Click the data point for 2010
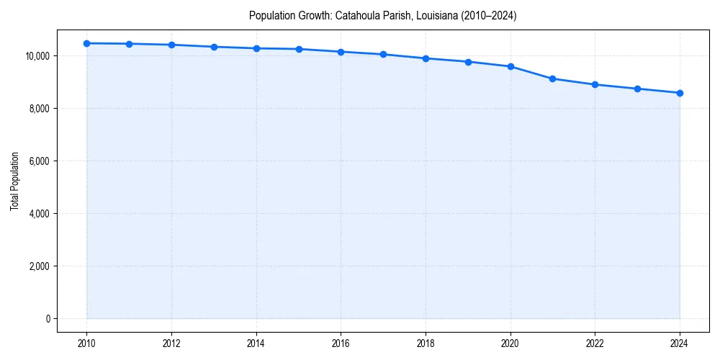pos(86,43)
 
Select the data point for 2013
pos(214,47)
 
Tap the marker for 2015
pos(299,49)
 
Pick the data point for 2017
pos(383,54)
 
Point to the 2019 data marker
pos(468,62)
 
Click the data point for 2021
pos(552,78)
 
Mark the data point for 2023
pos(637,89)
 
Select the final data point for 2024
pos(680,93)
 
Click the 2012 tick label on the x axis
pos(171,343)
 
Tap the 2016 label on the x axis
pos(341,343)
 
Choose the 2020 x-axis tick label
pos(510,343)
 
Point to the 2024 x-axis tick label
pos(680,343)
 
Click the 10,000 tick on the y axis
pos(36,56)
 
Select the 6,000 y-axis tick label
pos(38,161)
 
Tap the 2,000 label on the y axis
pos(38,266)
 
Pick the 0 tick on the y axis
pos(48,319)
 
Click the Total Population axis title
pos(14,181)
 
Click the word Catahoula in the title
pos(355,15)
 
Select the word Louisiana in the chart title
pos(426,15)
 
